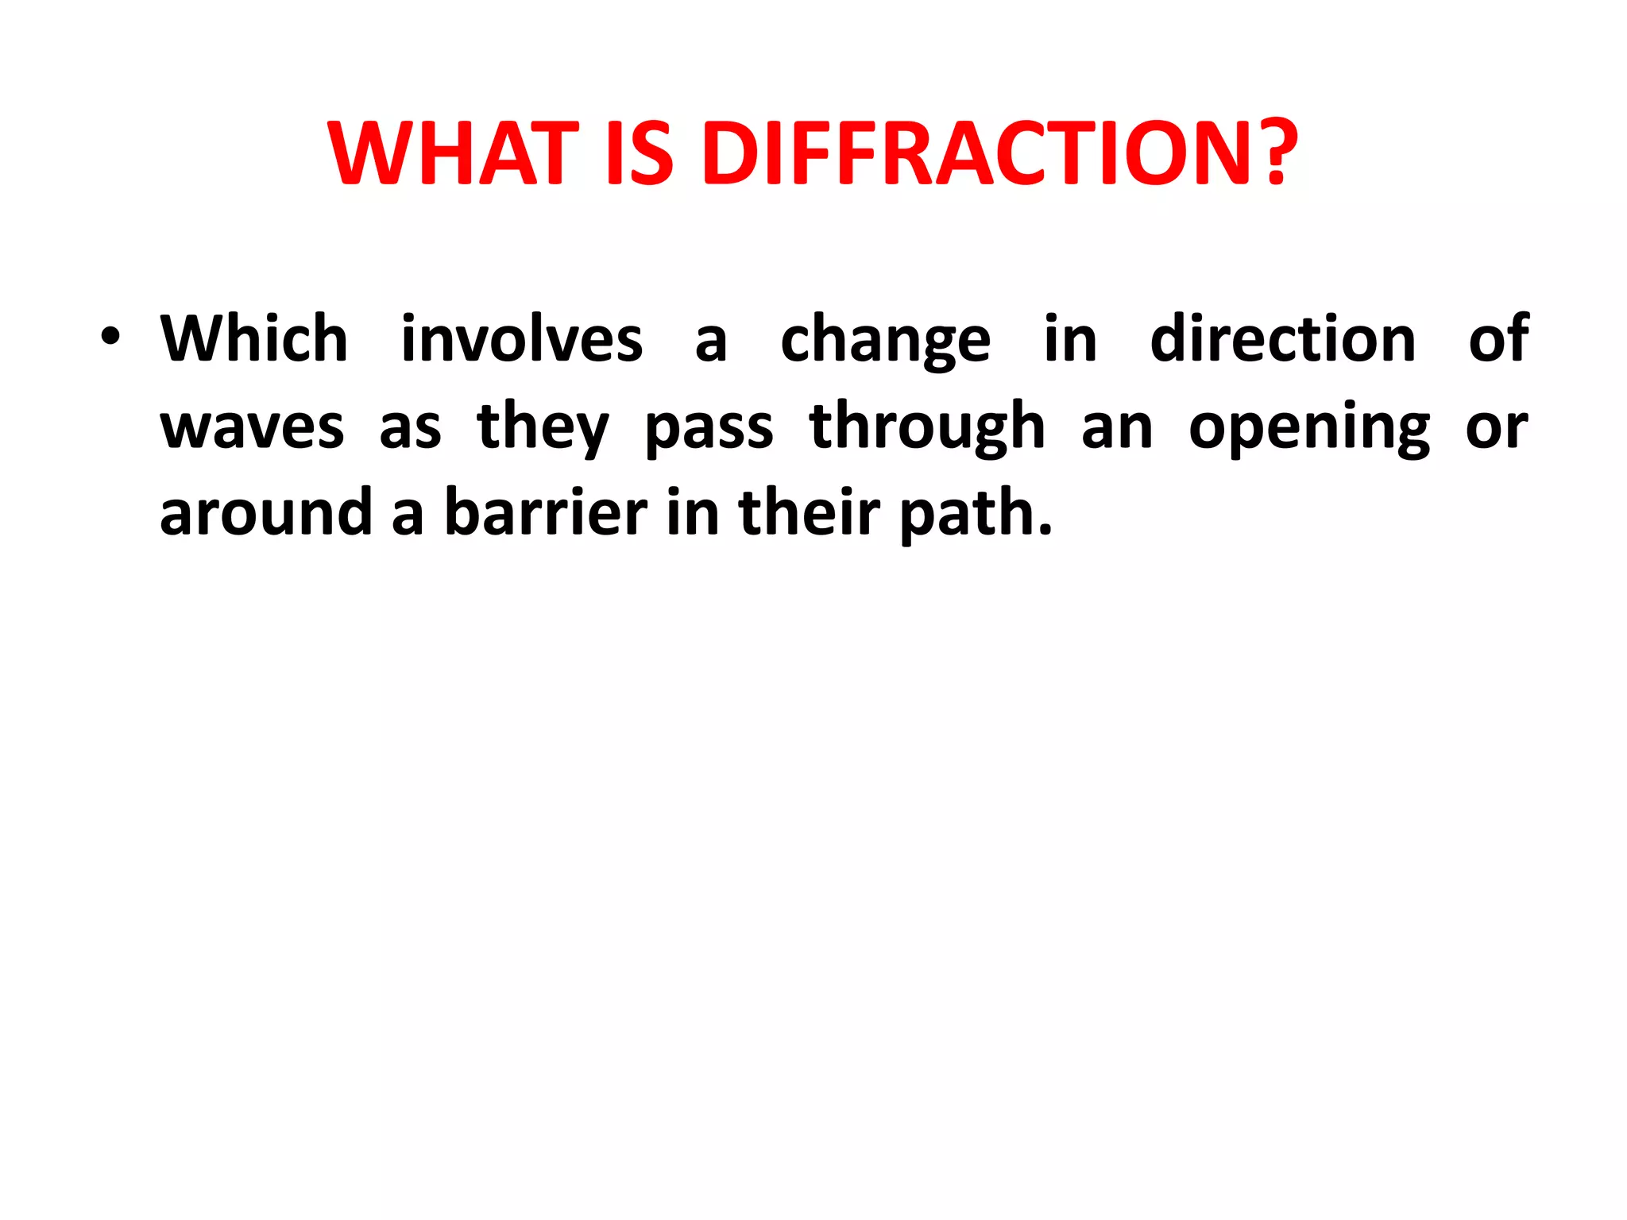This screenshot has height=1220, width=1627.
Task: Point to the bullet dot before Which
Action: pos(110,337)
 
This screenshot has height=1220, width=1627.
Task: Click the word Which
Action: pos(254,339)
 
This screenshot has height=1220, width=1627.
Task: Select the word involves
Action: pos(521,339)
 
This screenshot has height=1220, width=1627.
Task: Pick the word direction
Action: pos(1283,339)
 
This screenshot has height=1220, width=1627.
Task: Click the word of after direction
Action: pos(1498,339)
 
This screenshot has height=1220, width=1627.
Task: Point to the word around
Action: pos(266,514)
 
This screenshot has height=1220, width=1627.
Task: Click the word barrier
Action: pos(546,514)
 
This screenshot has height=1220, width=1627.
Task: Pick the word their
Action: pos(809,514)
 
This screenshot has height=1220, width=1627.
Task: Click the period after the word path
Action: pos(1045,531)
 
